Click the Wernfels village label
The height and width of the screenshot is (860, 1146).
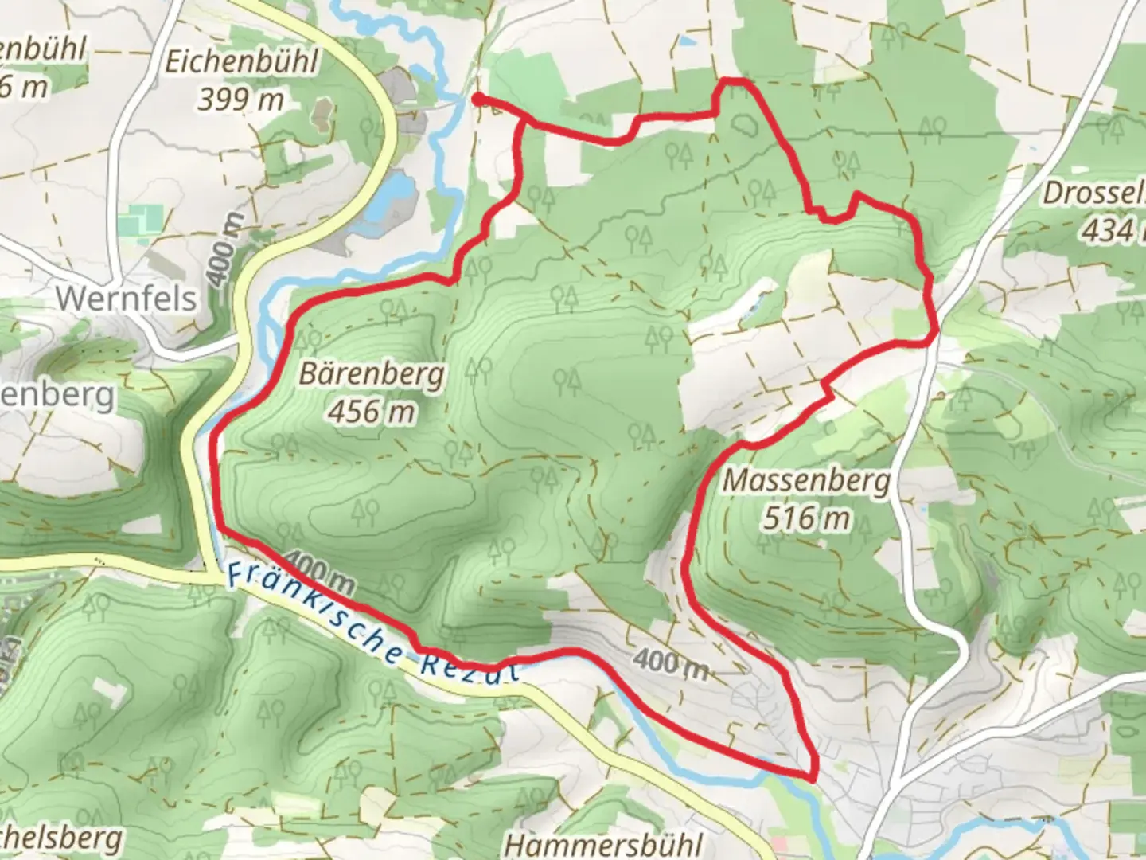point(126,299)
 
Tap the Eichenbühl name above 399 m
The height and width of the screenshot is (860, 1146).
point(240,62)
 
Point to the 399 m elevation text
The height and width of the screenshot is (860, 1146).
point(240,100)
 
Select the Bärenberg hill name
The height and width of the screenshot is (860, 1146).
point(372,374)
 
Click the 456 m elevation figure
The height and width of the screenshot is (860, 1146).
point(372,412)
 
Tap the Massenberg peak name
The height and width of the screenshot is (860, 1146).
point(806,481)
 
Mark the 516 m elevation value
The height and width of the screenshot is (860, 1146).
point(806,518)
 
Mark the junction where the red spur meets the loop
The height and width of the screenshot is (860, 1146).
point(524,119)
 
